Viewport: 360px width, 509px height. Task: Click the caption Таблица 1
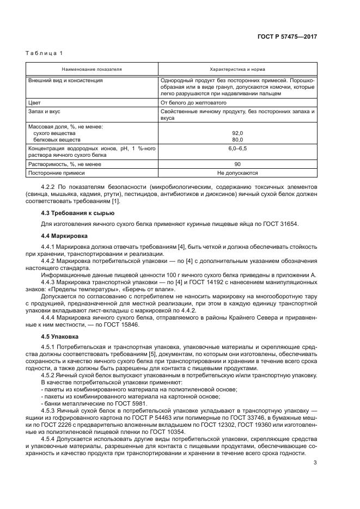pyautogui.click(x=45, y=53)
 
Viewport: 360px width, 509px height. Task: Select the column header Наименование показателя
pyautogui.click(x=91, y=70)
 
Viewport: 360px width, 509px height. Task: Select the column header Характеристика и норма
pyautogui.click(x=237, y=70)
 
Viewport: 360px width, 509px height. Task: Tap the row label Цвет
pyautogui.click(x=34, y=102)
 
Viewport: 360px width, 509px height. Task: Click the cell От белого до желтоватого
pyautogui.click(x=193, y=102)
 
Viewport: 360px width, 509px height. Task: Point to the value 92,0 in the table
pyautogui.click(x=237, y=132)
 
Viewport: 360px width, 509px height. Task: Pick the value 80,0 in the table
pyautogui.click(x=237, y=139)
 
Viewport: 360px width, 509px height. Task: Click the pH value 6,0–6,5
pyautogui.click(x=237, y=149)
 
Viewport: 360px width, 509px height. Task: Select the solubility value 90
pyautogui.click(x=237, y=164)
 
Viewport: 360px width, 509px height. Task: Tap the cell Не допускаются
pyautogui.click(x=237, y=173)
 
